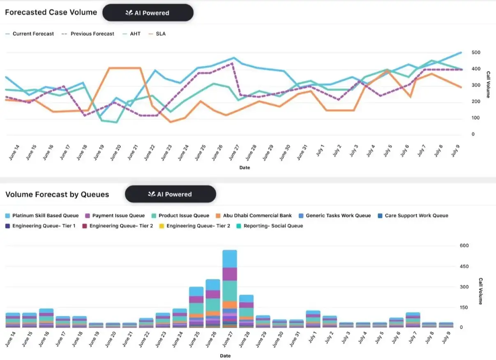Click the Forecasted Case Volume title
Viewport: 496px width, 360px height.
[x=51, y=12]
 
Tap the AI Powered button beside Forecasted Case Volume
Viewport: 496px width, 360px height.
[x=148, y=13]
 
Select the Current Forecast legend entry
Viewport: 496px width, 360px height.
[x=30, y=34]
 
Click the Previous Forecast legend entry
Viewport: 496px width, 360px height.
[x=88, y=34]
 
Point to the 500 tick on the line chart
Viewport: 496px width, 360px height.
[x=464, y=53]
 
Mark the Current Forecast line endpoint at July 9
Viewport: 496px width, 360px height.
[x=461, y=53]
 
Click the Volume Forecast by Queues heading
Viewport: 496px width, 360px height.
[x=57, y=194]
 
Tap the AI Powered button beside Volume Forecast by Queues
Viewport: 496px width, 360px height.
[x=171, y=194]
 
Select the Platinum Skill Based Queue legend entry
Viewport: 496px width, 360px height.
[x=42, y=215]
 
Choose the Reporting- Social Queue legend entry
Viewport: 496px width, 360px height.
[x=270, y=226]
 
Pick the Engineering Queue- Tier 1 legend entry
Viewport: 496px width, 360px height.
[x=40, y=226]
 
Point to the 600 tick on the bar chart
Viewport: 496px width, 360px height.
[x=464, y=246]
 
